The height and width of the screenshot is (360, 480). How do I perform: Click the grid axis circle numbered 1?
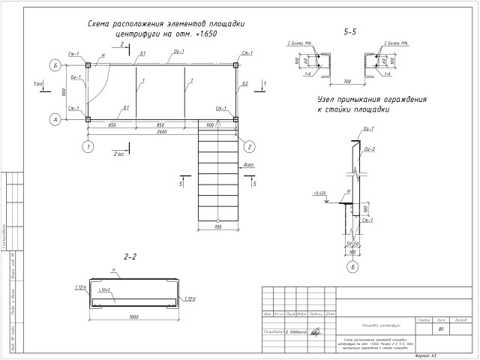point(88,146)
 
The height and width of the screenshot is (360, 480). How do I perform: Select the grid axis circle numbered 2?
point(250,146)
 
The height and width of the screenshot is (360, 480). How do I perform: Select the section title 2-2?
point(130,256)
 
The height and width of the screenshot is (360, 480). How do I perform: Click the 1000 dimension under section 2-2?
point(133,316)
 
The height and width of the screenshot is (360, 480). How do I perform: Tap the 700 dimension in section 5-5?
point(349,79)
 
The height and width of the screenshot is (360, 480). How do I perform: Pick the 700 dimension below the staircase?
point(218,226)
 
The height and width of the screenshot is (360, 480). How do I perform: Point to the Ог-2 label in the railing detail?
point(369,149)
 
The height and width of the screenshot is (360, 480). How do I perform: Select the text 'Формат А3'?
point(426,355)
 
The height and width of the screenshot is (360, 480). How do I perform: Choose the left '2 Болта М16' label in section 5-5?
point(300,44)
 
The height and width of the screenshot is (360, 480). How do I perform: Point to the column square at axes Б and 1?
point(88,66)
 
